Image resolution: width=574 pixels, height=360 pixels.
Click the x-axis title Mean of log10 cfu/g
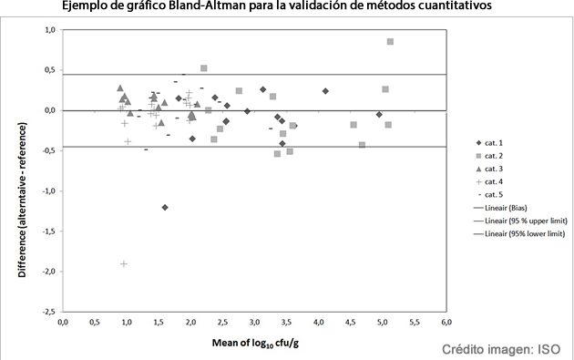(x=254, y=345)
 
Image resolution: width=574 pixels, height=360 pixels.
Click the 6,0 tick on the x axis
(x=446, y=323)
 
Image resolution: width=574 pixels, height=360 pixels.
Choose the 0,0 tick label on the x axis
(x=63, y=323)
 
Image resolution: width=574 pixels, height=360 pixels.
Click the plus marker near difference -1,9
(x=124, y=263)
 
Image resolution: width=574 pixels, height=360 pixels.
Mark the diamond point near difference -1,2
(x=165, y=207)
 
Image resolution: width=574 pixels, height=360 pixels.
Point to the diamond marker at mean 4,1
(x=325, y=91)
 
